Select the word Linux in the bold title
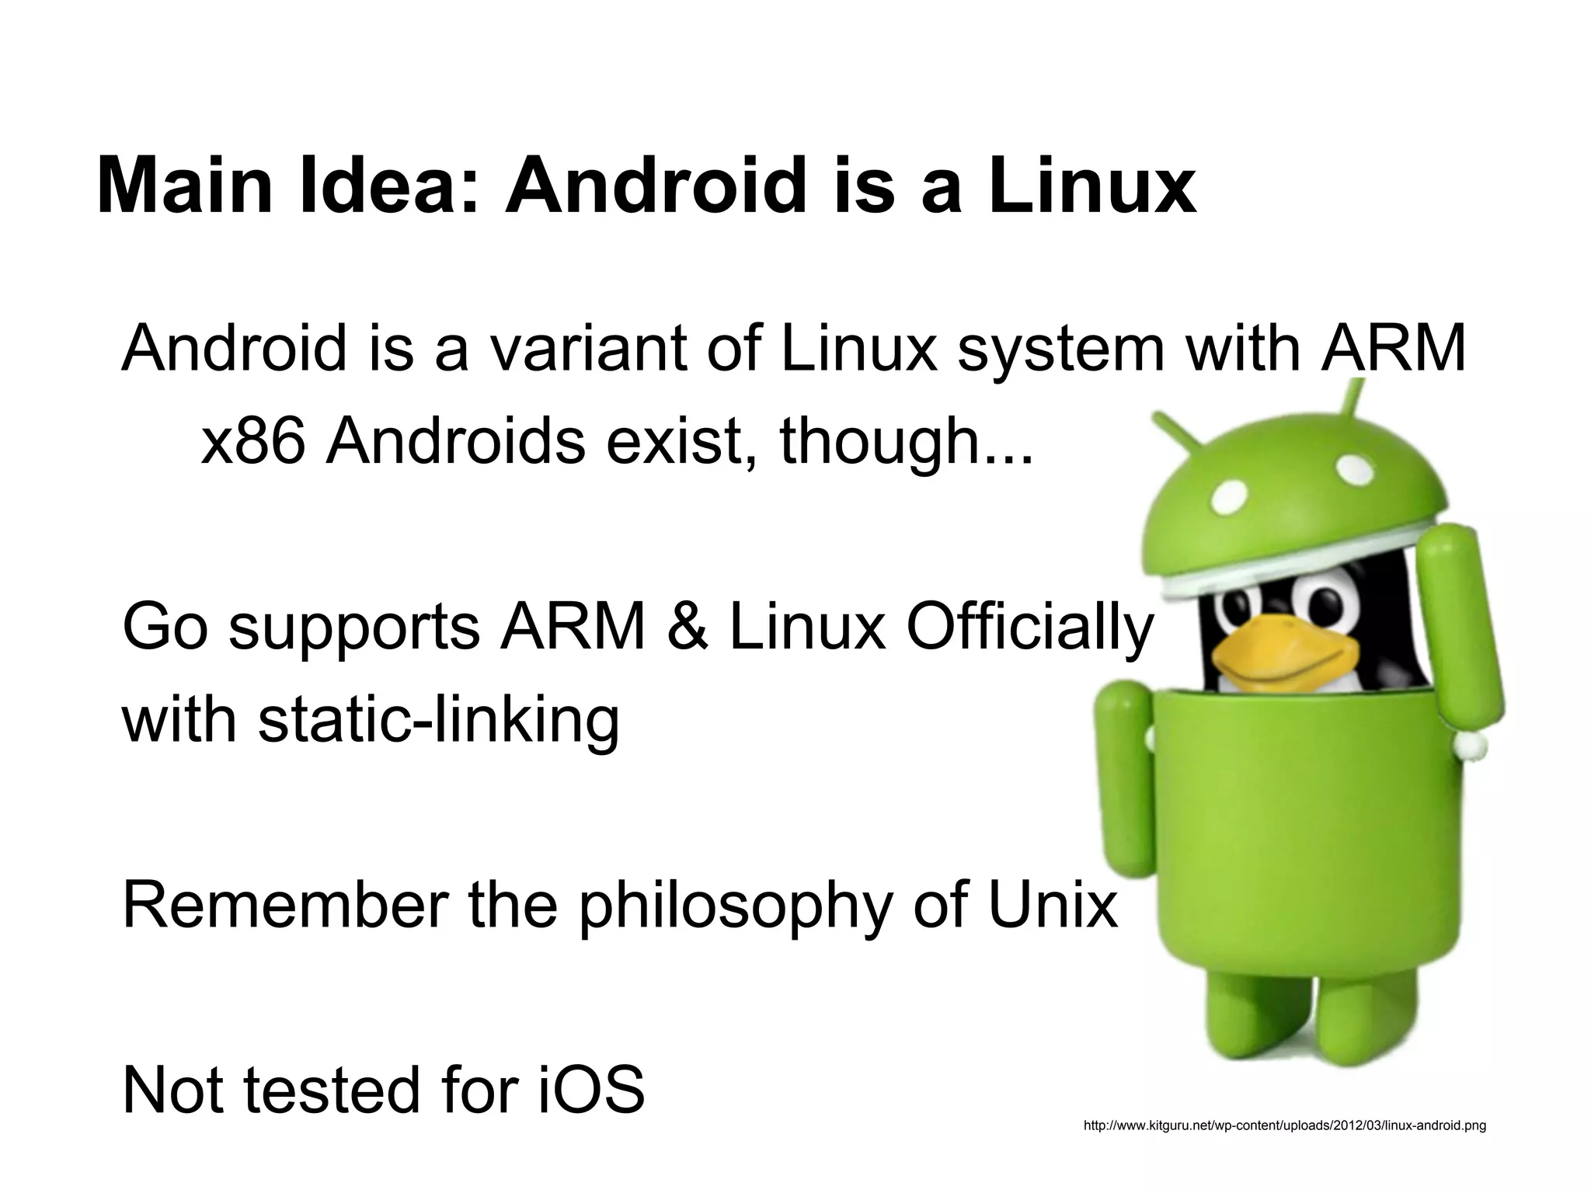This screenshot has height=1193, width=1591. pyautogui.click(x=1091, y=187)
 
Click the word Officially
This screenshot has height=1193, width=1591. pyautogui.click(x=1029, y=629)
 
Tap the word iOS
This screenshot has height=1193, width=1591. pyautogui.click(x=590, y=1090)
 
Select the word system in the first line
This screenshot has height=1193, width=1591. pyautogui.click(x=1060, y=349)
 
